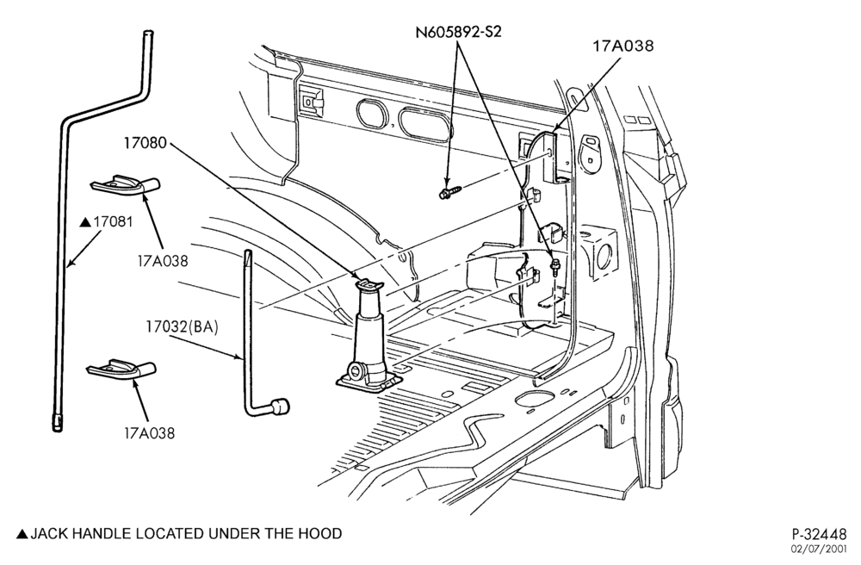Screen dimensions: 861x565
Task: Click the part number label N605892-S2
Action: coord(458,31)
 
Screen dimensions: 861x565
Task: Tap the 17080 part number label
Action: coord(145,143)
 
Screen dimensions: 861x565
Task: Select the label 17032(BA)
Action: coord(182,327)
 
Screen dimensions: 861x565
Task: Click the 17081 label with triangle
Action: coord(107,222)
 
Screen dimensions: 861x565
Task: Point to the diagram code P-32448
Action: coord(820,534)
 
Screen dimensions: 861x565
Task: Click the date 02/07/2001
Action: coord(819,549)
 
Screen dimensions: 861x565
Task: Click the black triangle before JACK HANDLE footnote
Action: coord(22,534)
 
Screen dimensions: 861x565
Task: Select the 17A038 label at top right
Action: coord(623,46)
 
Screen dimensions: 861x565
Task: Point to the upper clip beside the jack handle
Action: coord(125,185)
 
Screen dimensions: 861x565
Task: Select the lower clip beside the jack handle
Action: coord(121,370)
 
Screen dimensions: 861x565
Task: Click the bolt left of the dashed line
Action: coord(449,191)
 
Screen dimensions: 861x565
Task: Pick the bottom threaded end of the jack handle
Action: coord(58,423)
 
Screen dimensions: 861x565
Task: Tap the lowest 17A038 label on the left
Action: coord(149,433)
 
